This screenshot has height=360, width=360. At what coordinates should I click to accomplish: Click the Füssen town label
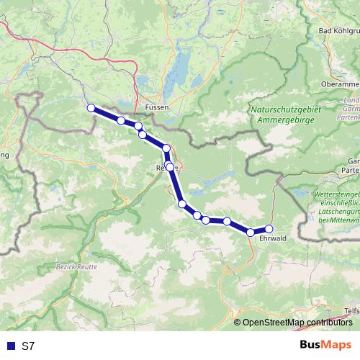[x=156, y=107]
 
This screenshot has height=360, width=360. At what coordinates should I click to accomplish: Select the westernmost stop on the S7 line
[x=91, y=108]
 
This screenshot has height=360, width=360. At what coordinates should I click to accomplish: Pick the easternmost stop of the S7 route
[x=269, y=229]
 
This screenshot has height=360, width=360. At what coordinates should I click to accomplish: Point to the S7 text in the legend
[x=28, y=346]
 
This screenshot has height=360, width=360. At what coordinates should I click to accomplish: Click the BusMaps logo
[x=325, y=345]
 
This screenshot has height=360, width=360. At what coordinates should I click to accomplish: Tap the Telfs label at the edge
[x=352, y=310]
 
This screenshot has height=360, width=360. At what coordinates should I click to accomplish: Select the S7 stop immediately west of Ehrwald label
[x=251, y=232]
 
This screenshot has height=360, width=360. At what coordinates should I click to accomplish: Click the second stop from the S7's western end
[x=122, y=120]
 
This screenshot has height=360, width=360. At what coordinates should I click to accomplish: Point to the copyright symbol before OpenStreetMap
[x=238, y=323]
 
